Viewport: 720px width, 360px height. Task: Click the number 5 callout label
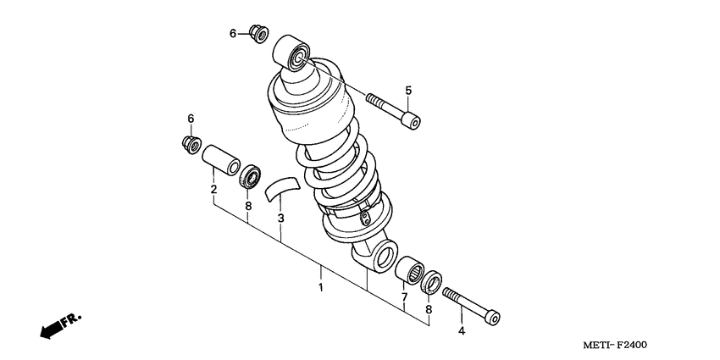407,91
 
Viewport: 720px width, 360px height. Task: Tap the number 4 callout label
461,330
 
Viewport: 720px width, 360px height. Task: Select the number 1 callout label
320,289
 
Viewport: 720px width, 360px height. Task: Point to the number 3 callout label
280,219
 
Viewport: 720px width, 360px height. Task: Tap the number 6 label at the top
233,33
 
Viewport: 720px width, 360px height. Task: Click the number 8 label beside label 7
428,310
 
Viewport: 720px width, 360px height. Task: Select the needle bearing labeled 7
410,269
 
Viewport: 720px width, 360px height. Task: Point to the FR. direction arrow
58,325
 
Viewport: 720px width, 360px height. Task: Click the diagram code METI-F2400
619,346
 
